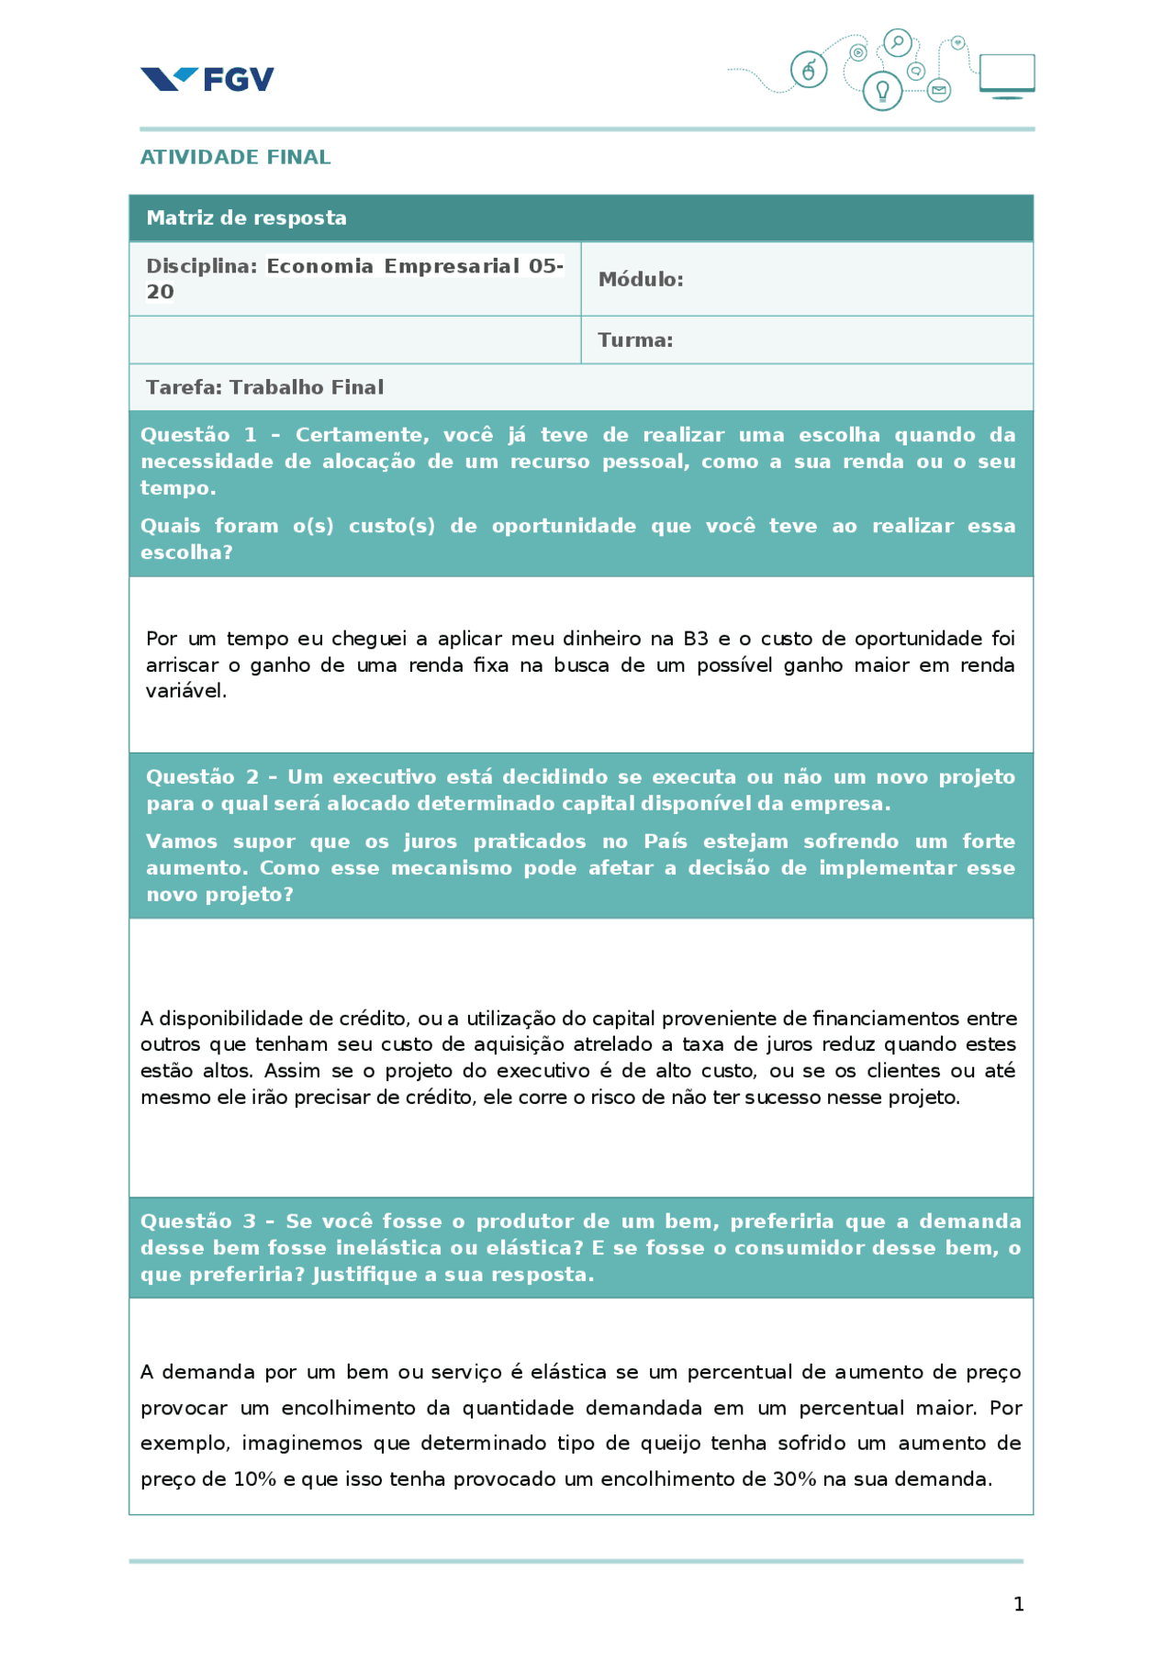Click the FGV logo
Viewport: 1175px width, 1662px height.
(207, 79)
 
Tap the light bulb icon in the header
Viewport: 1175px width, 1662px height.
(882, 91)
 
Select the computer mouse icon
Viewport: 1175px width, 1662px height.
(809, 70)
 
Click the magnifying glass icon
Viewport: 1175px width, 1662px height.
(897, 42)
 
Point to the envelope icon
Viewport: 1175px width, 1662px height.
(938, 90)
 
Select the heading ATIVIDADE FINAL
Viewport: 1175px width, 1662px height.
(235, 157)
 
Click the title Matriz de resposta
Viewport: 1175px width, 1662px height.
(246, 218)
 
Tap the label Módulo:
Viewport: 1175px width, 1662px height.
(641, 279)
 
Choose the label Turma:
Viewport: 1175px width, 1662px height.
(635, 340)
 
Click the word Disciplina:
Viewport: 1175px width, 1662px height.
(202, 266)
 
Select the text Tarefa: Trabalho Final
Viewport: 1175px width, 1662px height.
(264, 387)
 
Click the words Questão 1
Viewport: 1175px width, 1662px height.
(198, 435)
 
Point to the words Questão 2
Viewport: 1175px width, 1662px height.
(203, 776)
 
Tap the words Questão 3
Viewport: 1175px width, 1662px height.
(198, 1221)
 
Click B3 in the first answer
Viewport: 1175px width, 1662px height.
(695, 639)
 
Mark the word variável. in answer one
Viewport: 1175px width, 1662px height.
(185, 691)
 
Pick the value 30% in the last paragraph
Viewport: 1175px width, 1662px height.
(794, 1479)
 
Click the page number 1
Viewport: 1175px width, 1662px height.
(1018, 1603)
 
